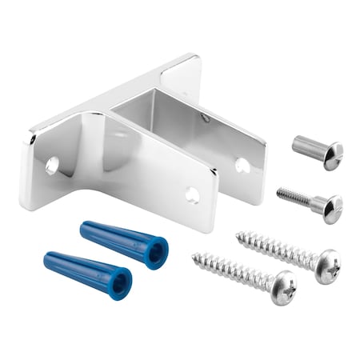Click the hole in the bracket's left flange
click(x=52, y=166)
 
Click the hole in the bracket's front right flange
click(x=193, y=194)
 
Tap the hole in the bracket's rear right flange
click(x=242, y=165)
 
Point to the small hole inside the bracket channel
click(x=206, y=118)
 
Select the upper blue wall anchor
click(x=124, y=245)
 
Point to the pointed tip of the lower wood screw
click(x=193, y=257)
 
